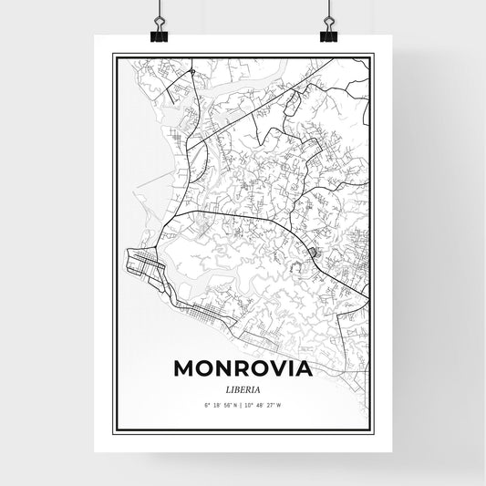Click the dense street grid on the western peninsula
point(144,267)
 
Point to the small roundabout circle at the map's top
point(191,70)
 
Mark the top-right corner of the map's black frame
point(373,55)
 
